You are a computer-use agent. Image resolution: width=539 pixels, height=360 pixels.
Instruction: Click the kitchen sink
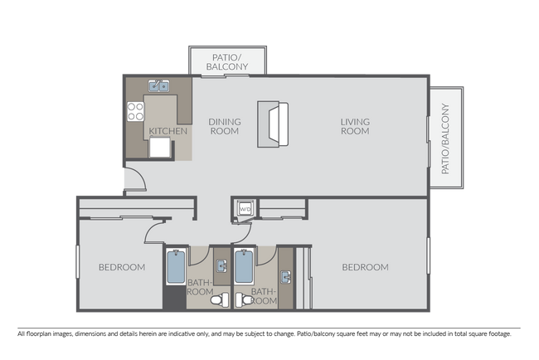pyautogui.click(x=158, y=85)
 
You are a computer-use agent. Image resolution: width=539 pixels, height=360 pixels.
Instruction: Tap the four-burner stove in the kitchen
pyautogui.click(x=136, y=110)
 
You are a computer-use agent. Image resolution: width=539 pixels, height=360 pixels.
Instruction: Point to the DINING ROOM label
pyautogui.click(x=224, y=126)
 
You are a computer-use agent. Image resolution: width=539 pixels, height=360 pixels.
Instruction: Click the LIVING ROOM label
pyautogui.click(x=355, y=126)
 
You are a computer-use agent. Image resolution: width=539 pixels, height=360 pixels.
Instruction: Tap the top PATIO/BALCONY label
pyautogui.click(x=227, y=61)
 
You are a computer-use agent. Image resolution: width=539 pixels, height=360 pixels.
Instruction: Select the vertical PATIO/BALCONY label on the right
pyautogui.click(x=445, y=138)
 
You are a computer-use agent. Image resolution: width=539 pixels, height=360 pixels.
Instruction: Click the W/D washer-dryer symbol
pyautogui.click(x=245, y=208)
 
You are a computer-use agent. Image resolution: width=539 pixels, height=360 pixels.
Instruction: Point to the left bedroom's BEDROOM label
pyautogui.click(x=122, y=267)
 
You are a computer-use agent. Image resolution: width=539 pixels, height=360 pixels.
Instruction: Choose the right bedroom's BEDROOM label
pyautogui.click(x=366, y=267)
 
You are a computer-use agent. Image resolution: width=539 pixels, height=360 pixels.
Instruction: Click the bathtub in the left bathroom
pyautogui.click(x=176, y=267)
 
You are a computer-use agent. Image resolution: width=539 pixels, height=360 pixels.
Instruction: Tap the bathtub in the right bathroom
pyautogui.click(x=244, y=267)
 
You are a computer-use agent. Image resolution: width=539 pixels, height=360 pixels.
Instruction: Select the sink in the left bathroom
pyautogui.click(x=221, y=265)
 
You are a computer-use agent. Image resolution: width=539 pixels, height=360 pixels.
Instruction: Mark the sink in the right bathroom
pyautogui.click(x=288, y=276)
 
